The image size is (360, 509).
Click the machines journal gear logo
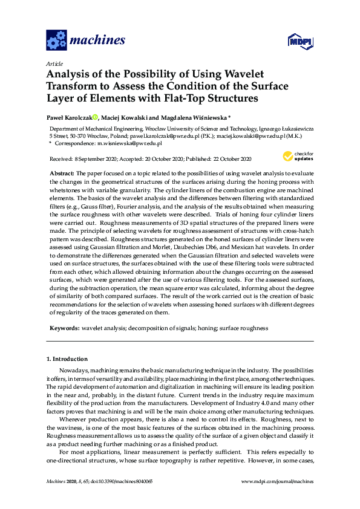56,41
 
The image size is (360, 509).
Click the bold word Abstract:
62,173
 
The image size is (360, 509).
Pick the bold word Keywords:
64,328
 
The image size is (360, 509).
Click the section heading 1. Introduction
67,358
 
